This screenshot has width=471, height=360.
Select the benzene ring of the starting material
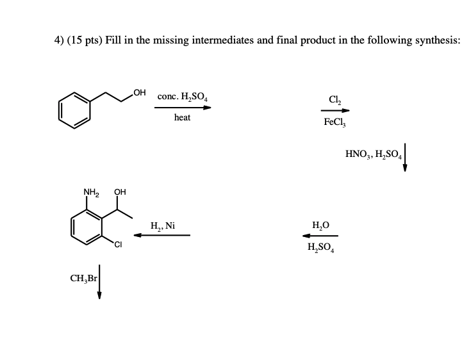(x=74, y=108)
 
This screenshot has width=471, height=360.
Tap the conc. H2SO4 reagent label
(x=182, y=97)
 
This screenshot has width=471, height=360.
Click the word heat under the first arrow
(x=182, y=118)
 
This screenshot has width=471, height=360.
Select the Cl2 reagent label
(x=334, y=98)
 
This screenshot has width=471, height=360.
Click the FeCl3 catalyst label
(x=335, y=121)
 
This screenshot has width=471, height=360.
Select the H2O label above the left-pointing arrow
(x=320, y=225)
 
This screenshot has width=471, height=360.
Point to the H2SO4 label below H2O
(x=320, y=247)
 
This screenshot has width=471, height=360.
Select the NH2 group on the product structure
(x=91, y=192)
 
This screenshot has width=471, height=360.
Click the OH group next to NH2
(x=120, y=192)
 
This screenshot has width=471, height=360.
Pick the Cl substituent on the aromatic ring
(x=119, y=243)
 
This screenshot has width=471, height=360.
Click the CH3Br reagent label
(x=83, y=279)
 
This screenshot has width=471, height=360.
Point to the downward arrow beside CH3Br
(x=100, y=282)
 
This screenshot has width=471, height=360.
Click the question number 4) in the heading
(x=58, y=40)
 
